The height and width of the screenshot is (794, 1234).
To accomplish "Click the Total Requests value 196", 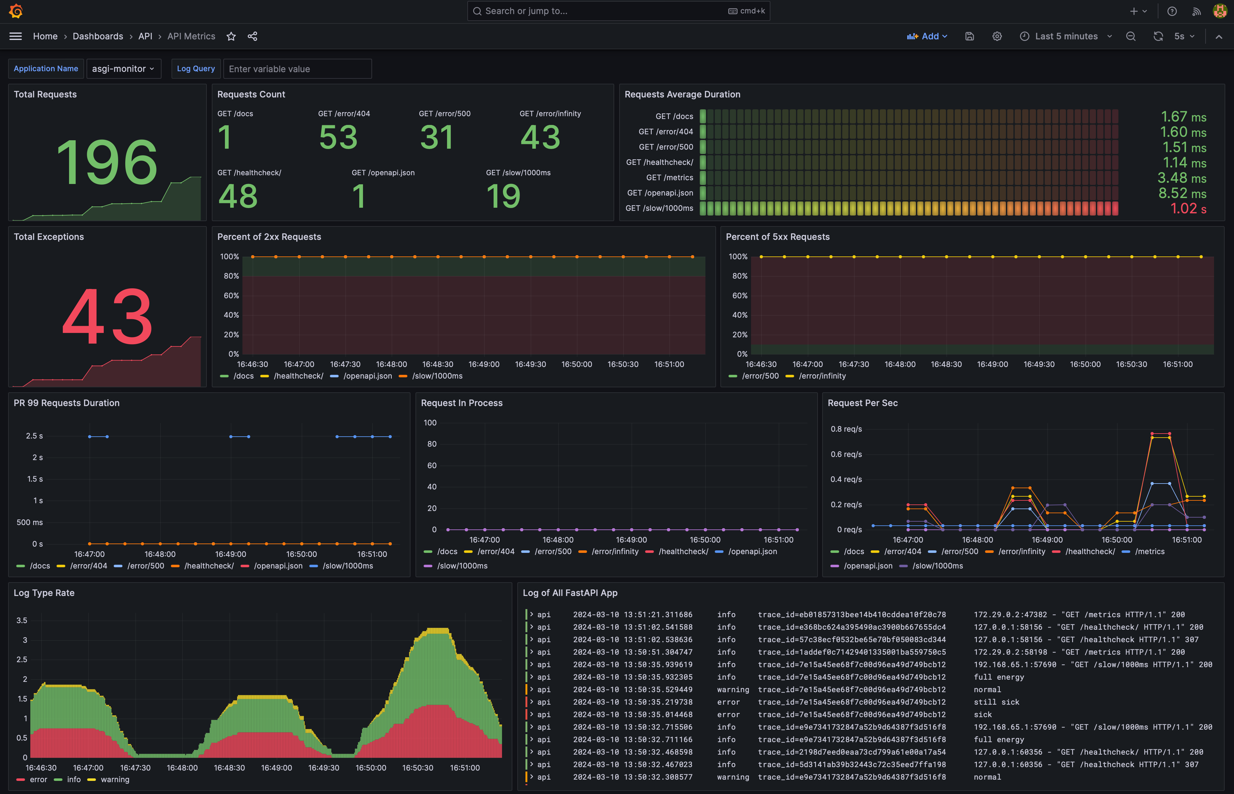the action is point(107,162).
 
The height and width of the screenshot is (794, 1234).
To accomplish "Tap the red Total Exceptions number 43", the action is point(107,316).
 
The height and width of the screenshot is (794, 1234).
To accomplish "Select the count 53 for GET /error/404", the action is point(338,137).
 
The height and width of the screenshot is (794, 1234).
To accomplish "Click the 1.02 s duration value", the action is point(1188,208).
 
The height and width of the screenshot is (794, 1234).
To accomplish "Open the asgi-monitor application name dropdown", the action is point(124,69).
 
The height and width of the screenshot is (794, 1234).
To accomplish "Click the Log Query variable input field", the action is point(297,69).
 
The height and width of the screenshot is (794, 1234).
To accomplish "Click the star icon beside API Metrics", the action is point(231,36).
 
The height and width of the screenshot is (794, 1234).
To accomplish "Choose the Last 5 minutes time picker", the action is point(1065,36).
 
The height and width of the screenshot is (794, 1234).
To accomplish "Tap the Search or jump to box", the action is point(618,11).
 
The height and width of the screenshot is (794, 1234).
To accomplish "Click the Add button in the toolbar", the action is point(927,36).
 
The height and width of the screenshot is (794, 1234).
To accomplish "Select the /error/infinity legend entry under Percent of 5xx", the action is point(822,376).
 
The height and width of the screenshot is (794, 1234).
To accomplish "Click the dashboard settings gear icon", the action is point(997,36).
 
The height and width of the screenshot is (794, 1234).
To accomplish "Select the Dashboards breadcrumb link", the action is point(98,36).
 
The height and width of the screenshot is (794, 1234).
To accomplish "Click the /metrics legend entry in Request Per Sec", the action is point(1149,552).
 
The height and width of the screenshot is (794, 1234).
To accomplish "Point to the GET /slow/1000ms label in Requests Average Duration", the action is point(659,208).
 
